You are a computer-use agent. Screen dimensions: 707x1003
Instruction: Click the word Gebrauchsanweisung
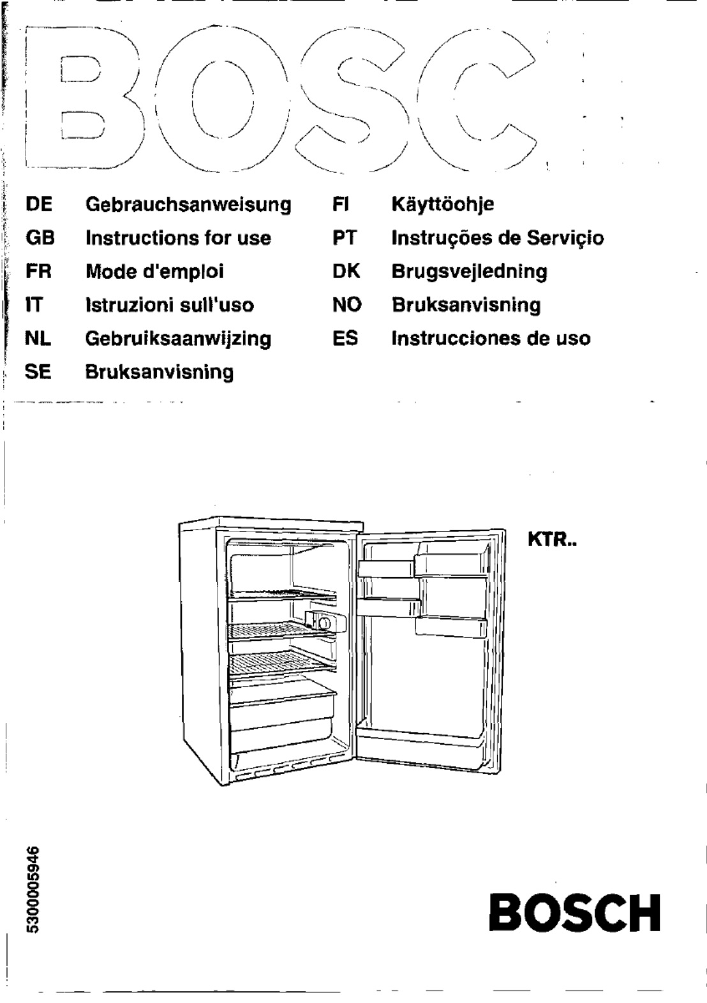pyautogui.click(x=188, y=205)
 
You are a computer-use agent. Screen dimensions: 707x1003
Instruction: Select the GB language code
pyautogui.click(x=40, y=238)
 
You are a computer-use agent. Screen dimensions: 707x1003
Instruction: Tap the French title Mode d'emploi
pyautogui.click(x=154, y=271)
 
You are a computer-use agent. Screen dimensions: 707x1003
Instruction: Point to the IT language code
pyautogui.click(x=34, y=305)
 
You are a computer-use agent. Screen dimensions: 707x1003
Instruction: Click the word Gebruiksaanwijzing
pyautogui.click(x=178, y=339)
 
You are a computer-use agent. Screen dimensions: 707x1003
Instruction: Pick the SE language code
pyautogui.click(x=38, y=371)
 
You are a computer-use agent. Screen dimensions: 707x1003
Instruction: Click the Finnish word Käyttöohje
pyautogui.click(x=443, y=205)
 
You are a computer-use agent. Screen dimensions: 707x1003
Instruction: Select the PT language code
pyautogui.click(x=344, y=238)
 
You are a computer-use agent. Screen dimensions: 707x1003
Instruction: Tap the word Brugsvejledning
pyautogui.click(x=469, y=272)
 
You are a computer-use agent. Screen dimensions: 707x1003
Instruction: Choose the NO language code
pyautogui.click(x=346, y=305)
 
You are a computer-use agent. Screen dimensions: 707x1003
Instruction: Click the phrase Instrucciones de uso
pyautogui.click(x=491, y=338)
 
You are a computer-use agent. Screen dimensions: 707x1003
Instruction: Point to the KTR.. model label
pyautogui.click(x=552, y=540)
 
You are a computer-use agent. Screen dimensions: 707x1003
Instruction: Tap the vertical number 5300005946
pyautogui.click(x=34, y=889)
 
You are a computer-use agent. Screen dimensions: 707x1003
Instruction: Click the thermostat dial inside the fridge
pyautogui.click(x=325, y=623)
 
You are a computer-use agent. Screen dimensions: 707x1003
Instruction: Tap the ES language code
pyautogui.click(x=345, y=338)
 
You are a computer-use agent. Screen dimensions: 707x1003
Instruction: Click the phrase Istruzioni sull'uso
pyautogui.click(x=170, y=305)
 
